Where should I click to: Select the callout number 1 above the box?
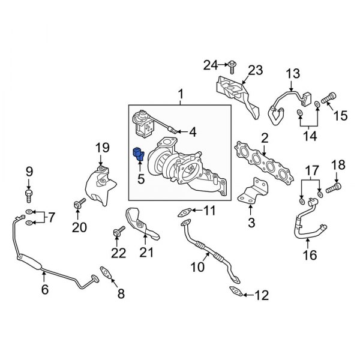point(178,94)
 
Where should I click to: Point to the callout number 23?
point(255,71)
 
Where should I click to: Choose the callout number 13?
point(292,74)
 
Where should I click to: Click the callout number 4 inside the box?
point(192,131)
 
